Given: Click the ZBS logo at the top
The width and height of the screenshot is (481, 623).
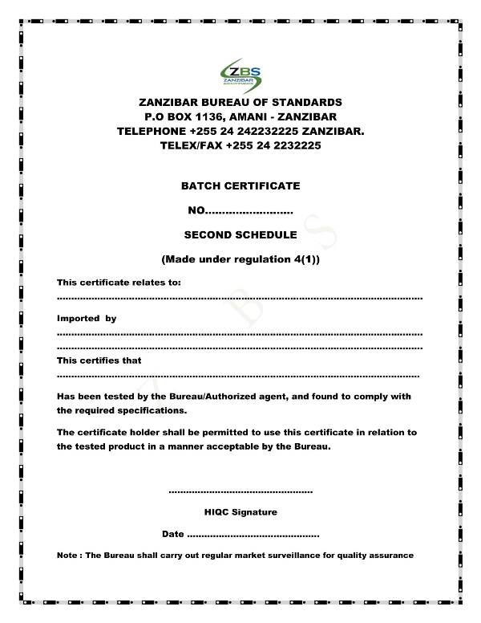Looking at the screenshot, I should point(240,74).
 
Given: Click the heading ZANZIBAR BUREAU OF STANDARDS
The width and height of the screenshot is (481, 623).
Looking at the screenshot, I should point(240,102).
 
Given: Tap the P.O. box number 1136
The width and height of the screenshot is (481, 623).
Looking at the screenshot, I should point(210,116).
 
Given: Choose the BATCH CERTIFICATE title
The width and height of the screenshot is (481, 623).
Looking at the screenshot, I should point(240,185).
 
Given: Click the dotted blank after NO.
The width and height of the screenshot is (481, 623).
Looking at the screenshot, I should point(250,211).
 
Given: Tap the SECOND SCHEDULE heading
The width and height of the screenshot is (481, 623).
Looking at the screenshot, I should point(240,235).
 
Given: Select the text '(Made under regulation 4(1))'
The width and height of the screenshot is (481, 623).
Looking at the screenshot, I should point(240,259).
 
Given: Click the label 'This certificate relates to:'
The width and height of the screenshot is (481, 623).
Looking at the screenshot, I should point(119,283).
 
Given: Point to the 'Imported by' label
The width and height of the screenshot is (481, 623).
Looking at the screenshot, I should point(87,319).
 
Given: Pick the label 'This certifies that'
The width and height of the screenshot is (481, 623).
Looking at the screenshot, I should point(99,360).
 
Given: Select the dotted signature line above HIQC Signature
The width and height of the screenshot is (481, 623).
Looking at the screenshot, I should point(240,491).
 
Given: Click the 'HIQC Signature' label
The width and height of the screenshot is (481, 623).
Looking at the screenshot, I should point(240,511).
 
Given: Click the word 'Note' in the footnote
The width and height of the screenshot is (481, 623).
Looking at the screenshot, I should point(67,556).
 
